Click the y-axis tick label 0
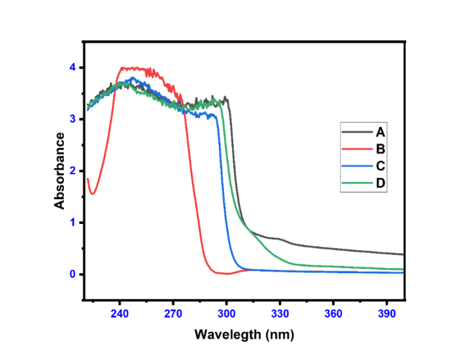73,274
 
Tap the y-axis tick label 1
73,223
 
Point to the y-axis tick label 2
73,171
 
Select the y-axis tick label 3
73,119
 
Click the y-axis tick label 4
73,68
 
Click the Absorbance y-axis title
60,171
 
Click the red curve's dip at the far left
93,194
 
